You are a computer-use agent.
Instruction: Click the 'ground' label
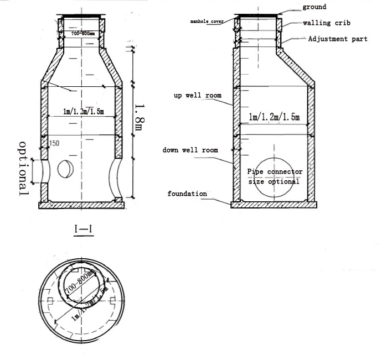[x=314, y=7]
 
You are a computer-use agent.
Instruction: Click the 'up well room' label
[x=198, y=96]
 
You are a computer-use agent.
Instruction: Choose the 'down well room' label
[x=190, y=150]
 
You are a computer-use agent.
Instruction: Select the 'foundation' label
[x=187, y=194]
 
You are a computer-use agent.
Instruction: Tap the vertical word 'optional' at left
[x=24, y=169]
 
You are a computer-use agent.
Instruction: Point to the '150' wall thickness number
[x=54, y=144]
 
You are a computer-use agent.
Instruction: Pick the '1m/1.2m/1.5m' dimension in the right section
[x=274, y=117]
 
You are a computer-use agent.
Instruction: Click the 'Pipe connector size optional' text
[x=274, y=177]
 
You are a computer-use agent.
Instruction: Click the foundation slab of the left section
[x=81, y=205]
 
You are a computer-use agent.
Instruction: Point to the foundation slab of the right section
[x=273, y=205]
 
